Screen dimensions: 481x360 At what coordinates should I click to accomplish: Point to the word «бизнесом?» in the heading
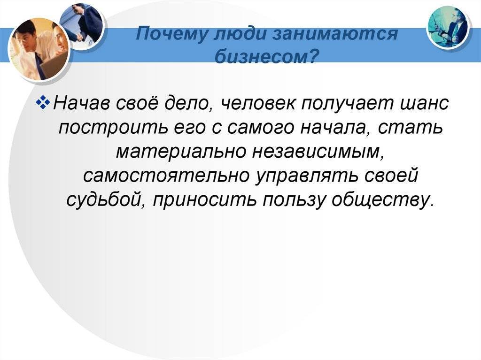pyautogui.click(x=266, y=56)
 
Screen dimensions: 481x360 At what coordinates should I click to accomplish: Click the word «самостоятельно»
pyautogui.click(x=166, y=176)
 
